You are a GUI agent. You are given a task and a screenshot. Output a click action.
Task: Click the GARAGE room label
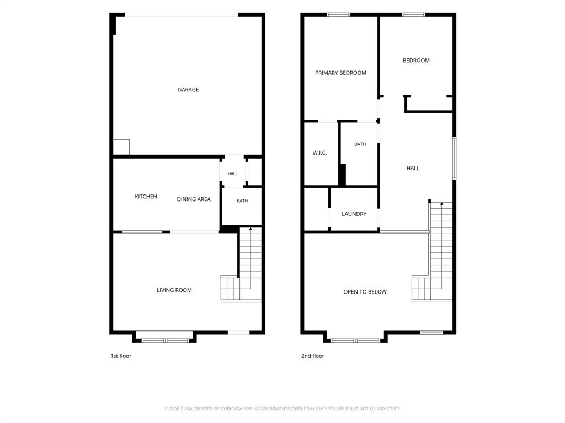pos(188,90)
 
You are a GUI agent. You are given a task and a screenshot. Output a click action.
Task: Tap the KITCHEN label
pos(146,197)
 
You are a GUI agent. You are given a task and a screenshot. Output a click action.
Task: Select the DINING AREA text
pos(194,199)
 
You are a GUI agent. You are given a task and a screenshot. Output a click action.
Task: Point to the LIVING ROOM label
pos(174,290)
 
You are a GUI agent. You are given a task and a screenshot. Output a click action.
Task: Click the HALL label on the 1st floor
pos(232,173)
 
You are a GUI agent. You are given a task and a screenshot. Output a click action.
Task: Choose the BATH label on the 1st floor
pos(242,200)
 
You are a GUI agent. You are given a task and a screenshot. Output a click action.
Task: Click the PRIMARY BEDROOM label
pos(340,73)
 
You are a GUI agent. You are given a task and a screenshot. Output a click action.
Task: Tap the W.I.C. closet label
pos(319,153)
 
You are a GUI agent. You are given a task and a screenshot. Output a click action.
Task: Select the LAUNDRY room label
pos(354,214)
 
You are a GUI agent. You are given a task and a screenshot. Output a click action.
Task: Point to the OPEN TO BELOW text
pos(365,292)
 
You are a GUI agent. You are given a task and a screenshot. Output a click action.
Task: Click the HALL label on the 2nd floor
pos(413,168)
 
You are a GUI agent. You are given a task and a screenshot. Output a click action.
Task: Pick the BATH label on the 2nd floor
pos(360,144)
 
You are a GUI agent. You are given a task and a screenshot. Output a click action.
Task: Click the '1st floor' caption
pos(121,356)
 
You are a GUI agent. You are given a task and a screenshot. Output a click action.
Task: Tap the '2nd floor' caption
pos(313,356)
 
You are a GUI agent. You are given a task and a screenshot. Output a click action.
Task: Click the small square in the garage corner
pos(121,147)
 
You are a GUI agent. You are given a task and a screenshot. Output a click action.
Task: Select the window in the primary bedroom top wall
pos(338,14)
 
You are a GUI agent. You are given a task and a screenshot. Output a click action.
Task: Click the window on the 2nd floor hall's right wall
pos(455,158)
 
